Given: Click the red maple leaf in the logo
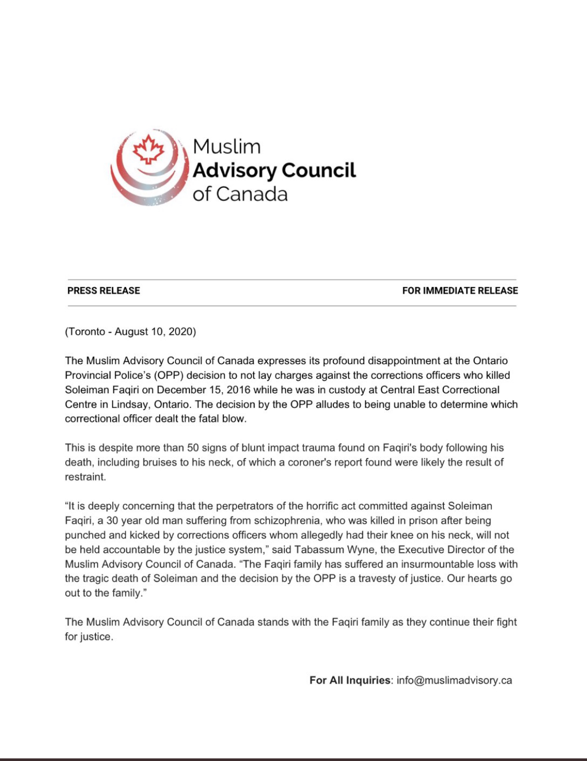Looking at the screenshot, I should [x=149, y=149].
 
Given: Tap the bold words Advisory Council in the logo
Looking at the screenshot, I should [x=274, y=171].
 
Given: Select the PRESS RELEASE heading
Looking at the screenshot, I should [x=104, y=291].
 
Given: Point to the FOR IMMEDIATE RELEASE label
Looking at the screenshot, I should [x=460, y=291].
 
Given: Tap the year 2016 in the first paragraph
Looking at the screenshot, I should [x=238, y=390].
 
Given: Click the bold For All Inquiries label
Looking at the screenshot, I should [x=350, y=680].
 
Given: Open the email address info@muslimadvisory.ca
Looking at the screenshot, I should [x=454, y=680].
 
